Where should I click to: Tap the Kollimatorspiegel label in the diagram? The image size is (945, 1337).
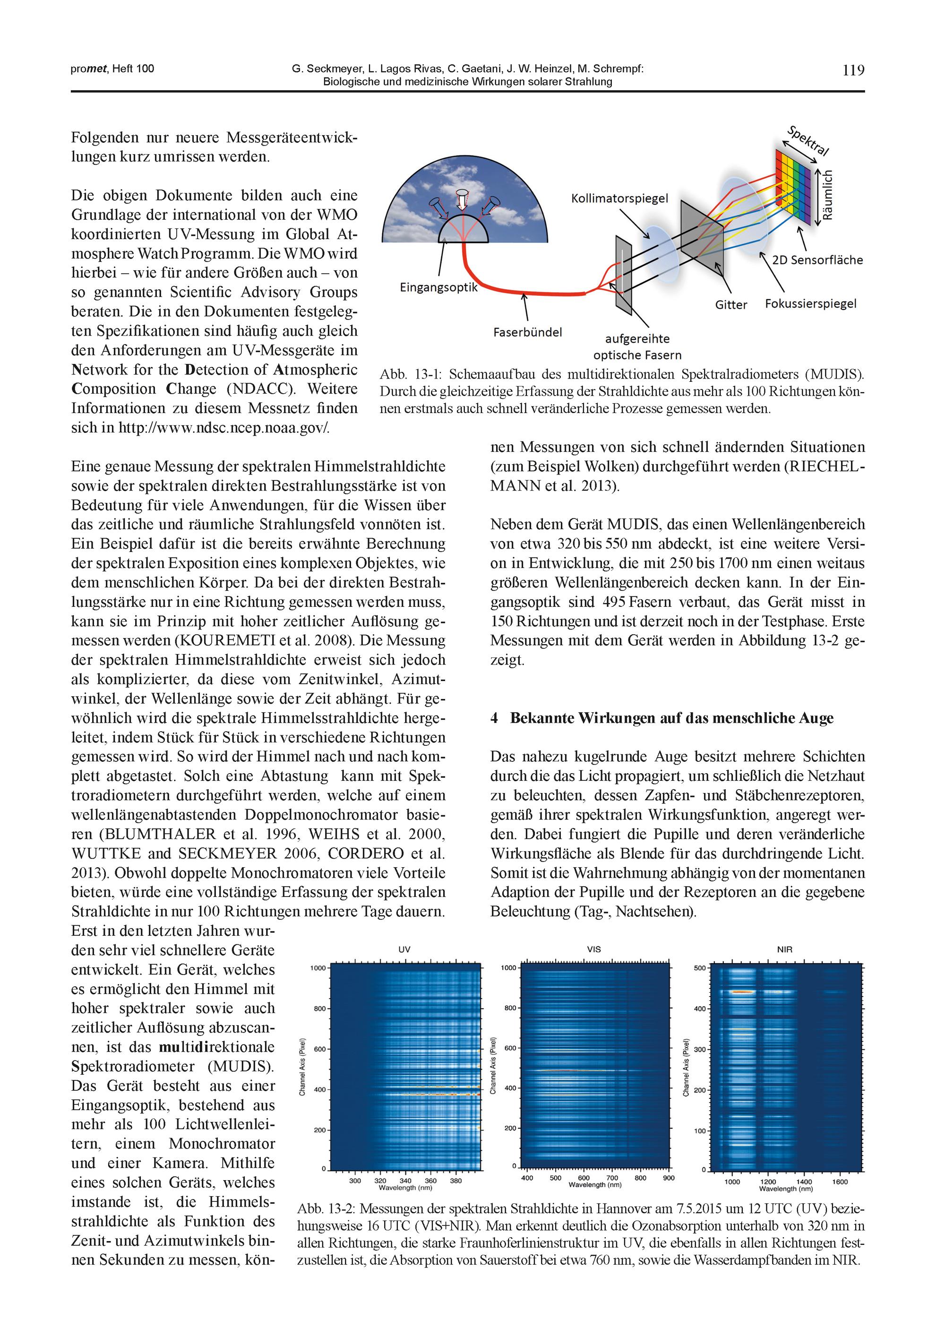(x=619, y=198)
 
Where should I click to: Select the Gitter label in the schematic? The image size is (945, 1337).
(x=731, y=304)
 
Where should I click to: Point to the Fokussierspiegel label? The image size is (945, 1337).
(x=810, y=303)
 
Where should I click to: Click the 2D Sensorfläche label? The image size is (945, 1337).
(x=817, y=260)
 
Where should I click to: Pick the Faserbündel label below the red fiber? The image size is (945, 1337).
(x=527, y=332)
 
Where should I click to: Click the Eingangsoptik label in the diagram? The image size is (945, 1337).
(x=438, y=287)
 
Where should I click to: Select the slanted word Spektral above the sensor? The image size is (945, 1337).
(x=807, y=140)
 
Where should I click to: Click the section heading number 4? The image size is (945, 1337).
(x=494, y=718)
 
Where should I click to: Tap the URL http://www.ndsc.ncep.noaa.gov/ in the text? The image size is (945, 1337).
(x=223, y=427)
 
